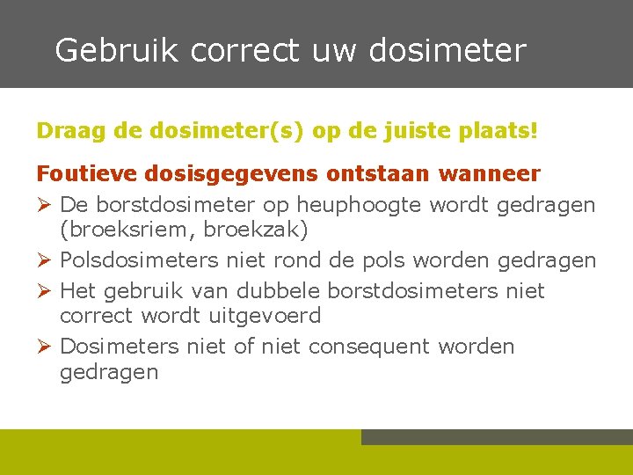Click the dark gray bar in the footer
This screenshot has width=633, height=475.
pos(497,437)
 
